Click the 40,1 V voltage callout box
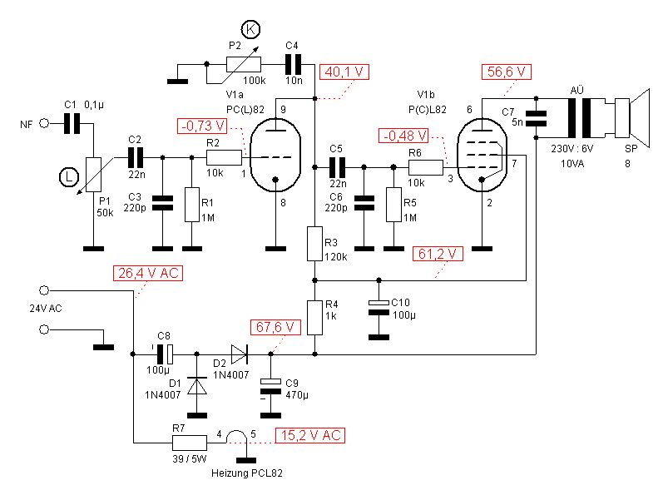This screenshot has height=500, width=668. [x=344, y=72]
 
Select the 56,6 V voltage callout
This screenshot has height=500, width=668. [x=507, y=72]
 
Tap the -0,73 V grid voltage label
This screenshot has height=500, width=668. [x=202, y=126]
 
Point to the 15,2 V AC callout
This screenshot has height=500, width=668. [x=311, y=434]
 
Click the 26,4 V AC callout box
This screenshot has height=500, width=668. [x=147, y=273]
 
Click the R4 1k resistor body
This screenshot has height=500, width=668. [x=314, y=317]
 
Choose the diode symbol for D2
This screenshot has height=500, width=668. [x=240, y=354]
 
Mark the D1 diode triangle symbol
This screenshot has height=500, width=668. [x=197, y=386]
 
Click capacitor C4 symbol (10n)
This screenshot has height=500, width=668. [x=292, y=63]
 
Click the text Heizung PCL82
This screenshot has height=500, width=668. [x=244, y=473]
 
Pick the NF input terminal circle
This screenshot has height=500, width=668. [x=46, y=123]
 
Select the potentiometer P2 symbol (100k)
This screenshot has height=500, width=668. [x=244, y=63]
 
